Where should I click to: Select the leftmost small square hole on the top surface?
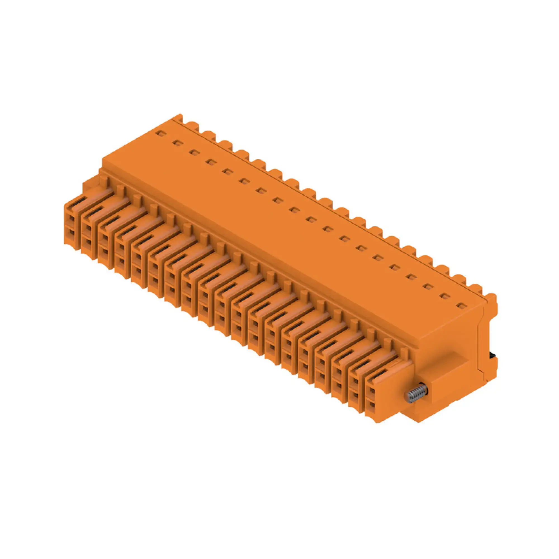point(159,133)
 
